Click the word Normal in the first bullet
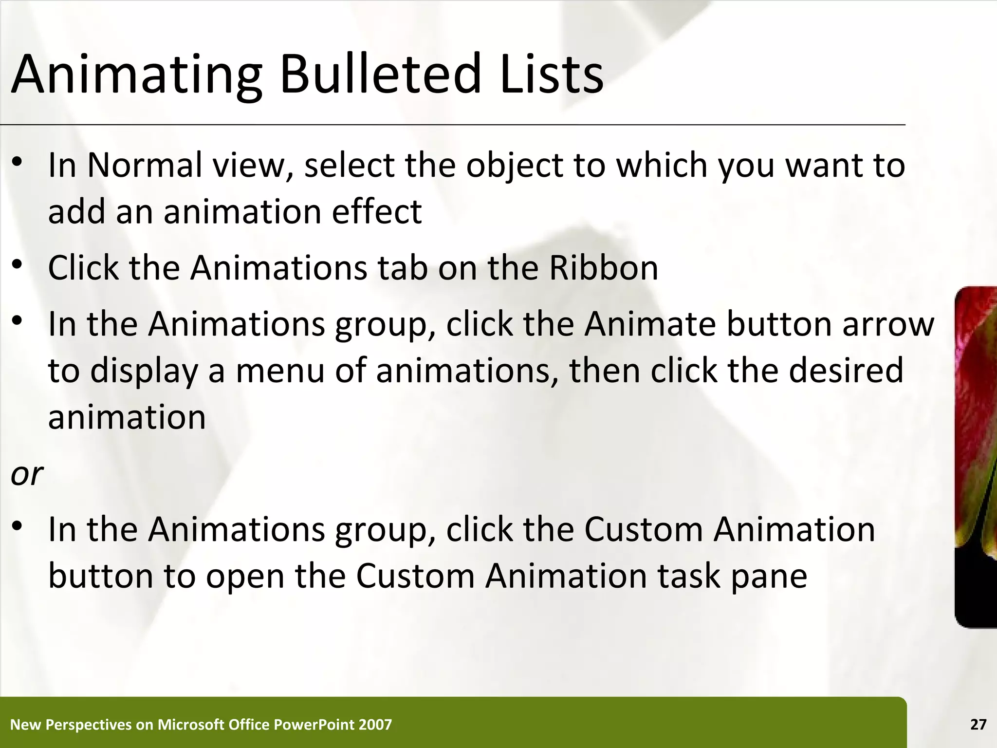click(145, 165)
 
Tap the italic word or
click(27, 474)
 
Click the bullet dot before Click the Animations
click(18, 266)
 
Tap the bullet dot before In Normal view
click(18, 163)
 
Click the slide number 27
click(978, 725)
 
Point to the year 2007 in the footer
click(375, 725)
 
